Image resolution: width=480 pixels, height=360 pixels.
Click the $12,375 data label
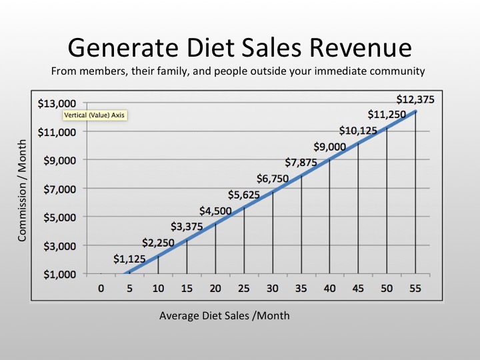pyautogui.click(x=415, y=99)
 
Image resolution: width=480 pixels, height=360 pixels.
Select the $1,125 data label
pyautogui.click(x=129, y=259)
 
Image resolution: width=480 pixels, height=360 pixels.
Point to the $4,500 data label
pyautogui.click(x=215, y=211)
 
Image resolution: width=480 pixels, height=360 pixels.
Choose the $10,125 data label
pyautogui.click(x=357, y=130)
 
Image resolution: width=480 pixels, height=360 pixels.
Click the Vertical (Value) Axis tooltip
pyautogui.click(x=94, y=115)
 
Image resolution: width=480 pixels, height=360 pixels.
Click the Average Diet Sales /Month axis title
pyautogui.click(x=225, y=315)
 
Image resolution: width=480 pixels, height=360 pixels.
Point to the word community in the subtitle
pyautogui.click(x=402, y=70)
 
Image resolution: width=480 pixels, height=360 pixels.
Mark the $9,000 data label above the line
pyautogui.click(x=329, y=147)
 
